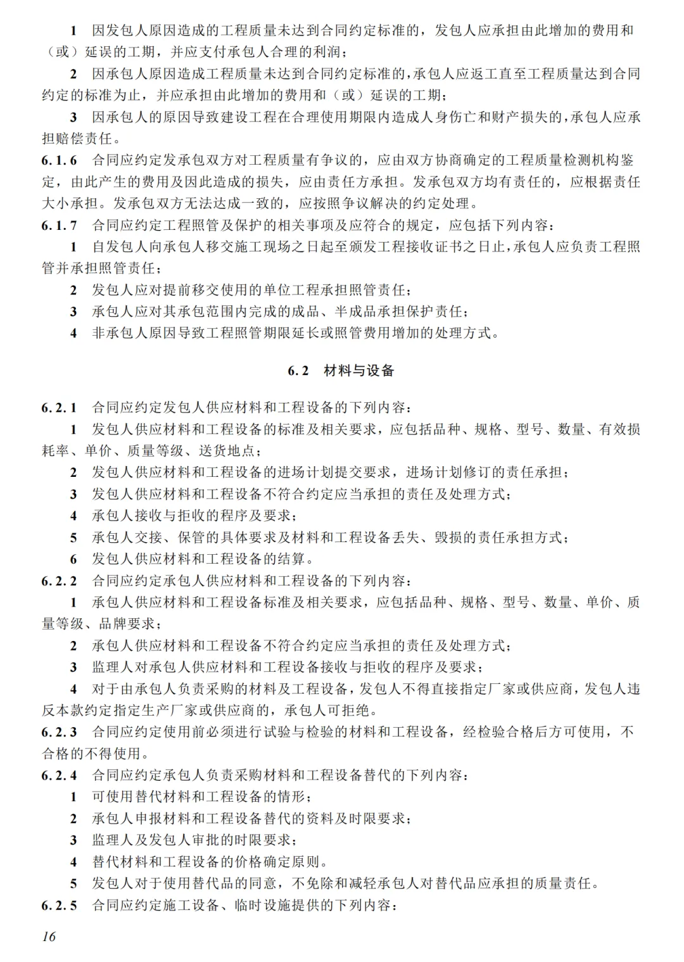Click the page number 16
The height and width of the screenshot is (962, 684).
point(49,936)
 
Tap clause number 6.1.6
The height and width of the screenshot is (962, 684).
point(60,160)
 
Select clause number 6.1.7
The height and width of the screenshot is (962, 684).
point(60,225)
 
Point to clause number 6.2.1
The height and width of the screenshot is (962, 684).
point(60,407)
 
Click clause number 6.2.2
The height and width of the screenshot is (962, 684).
point(60,581)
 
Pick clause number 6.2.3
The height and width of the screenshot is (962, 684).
point(60,732)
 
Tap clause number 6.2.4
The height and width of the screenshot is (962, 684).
point(60,775)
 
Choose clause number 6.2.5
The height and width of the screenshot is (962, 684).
point(60,905)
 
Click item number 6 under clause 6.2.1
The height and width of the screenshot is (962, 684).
point(73,559)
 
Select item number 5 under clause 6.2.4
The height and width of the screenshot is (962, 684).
point(73,883)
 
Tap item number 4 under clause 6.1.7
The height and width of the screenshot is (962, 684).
point(73,333)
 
